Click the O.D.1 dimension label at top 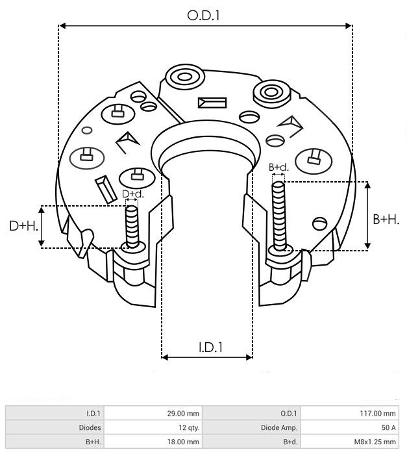pyautogui.click(x=203, y=16)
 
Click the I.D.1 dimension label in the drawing pyautogui.click(x=211, y=347)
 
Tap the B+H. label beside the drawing pyautogui.click(x=386, y=220)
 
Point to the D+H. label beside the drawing pyautogui.click(x=24, y=225)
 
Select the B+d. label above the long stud pyautogui.click(x=278, y=167)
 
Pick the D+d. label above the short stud pyautogui.click(x=133, y=194)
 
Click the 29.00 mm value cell pyautogui.click(x=153, y=413)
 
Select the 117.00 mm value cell pyautogui.click(x=350, y=413)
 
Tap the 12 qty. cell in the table pyautogui.click(x=153, y=427)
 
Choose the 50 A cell pyautogui.click(x=350, y=427)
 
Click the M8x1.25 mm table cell pyautogui.click(x=350, y=442)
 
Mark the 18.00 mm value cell pyautogui.click(x=153, y=442)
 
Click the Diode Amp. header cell pyautogui.click(x=252, y=427)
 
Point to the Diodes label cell pyautogui.click(x=55, y=427)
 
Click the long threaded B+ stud pyautogui.click(x=279, y=216)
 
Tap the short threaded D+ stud pyautogui.click(x=132, y=227)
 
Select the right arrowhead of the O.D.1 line pyautogui.click(x=349, y=26)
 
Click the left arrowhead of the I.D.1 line pyautogui.click(x=165, y=357)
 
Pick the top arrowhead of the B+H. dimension pyautogui.click(x=367, y=185)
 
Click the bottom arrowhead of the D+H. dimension pyautogui.click(x=42, y=243)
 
